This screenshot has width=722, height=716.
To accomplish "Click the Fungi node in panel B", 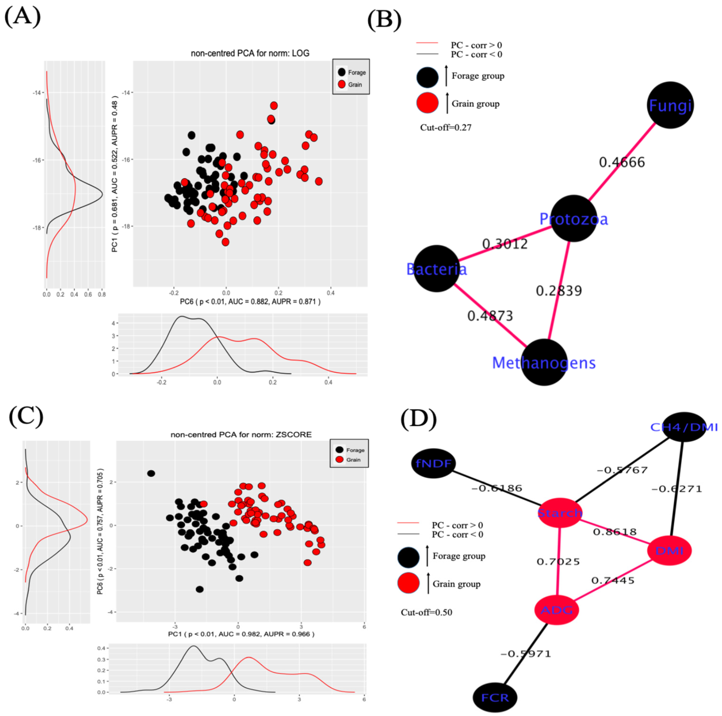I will coord(670,105).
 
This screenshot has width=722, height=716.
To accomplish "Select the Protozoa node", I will coord(574,218).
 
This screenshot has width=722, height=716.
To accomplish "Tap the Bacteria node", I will coord(436,268).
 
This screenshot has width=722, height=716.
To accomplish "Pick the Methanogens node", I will coord(544,362).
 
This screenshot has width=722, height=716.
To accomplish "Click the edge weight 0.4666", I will coord(622,162).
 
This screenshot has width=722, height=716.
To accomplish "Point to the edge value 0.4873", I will coord(490,316).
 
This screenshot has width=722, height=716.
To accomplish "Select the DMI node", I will coord(669,550).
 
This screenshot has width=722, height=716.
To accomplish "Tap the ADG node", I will coord(557,610).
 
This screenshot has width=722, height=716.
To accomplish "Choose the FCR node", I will coord(495,697).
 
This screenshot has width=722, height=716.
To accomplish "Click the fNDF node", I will coord(434,464).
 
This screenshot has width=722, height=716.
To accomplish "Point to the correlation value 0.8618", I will coord(615,532).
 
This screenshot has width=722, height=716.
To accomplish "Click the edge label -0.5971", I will coord(525,654).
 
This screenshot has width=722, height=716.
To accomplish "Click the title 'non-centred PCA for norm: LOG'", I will coord(250,54).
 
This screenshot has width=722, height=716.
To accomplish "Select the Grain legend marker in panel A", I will coord(341,84).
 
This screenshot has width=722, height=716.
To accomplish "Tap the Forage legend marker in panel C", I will coord(339,450).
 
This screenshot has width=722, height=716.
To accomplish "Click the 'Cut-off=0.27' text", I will coord(446,128).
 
